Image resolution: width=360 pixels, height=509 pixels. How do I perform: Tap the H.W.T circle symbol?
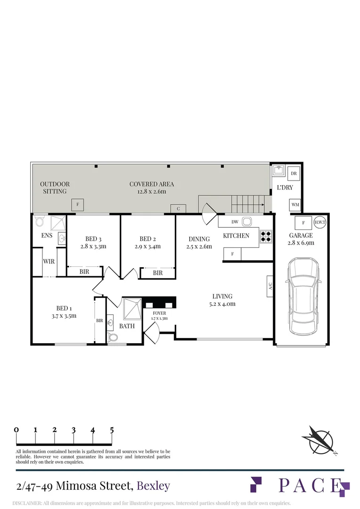click(x=320, y=222)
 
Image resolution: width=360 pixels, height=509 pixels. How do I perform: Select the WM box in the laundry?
click(x=295, y=205)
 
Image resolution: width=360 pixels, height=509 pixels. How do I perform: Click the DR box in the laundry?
click(x=294, y=173)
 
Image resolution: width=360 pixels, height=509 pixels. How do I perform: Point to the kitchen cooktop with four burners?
click(x=266, y=237)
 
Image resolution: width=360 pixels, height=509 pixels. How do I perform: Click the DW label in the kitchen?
click(x=235, y=222)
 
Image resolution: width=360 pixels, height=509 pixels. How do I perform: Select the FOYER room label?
click(x=159, y=313)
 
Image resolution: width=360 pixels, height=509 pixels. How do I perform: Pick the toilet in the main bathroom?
click(x=112, y=337)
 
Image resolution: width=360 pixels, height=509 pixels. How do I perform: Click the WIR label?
click(x=49, y=261)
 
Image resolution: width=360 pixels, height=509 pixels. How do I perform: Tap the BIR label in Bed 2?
click(x=158, y=273)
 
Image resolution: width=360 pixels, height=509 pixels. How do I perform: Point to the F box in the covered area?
click(x=78, y=205)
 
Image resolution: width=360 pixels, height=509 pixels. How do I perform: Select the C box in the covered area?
click(x=178, y=209)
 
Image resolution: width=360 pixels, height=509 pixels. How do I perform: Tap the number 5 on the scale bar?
click(x=112, y=430)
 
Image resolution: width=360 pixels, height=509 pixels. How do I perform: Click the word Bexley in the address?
click(x=153, y=486)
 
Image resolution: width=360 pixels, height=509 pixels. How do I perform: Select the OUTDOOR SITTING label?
click(x=55, y=188)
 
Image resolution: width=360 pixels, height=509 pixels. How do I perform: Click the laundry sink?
click(x=278, y=171)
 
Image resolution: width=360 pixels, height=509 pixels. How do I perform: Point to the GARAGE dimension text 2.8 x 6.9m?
click(x=301, y=243)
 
